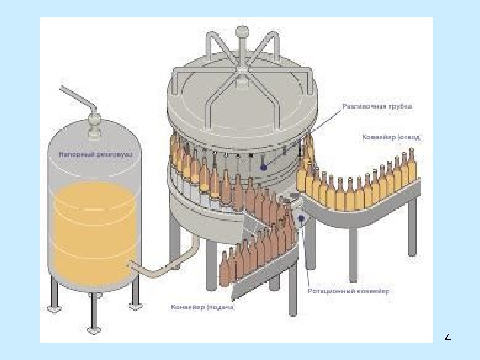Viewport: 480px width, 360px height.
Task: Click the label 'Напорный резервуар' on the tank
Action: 91,154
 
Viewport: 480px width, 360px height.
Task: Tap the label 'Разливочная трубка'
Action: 377,106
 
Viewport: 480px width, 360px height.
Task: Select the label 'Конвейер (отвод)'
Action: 391,137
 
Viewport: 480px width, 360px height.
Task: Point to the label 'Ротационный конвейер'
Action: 349,291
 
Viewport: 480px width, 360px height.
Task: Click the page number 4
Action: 447,339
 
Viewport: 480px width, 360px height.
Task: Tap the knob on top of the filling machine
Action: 242,31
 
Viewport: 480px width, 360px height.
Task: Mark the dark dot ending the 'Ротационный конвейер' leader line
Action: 302,218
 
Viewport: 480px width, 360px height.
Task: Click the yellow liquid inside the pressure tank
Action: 93,227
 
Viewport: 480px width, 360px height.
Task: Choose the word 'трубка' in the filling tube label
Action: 399,106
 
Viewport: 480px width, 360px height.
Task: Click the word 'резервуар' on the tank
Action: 113,154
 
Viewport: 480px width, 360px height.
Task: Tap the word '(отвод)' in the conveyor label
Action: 409,137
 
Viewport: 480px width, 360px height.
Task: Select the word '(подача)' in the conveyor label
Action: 221,307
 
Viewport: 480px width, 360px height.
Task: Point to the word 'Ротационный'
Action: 329,291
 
